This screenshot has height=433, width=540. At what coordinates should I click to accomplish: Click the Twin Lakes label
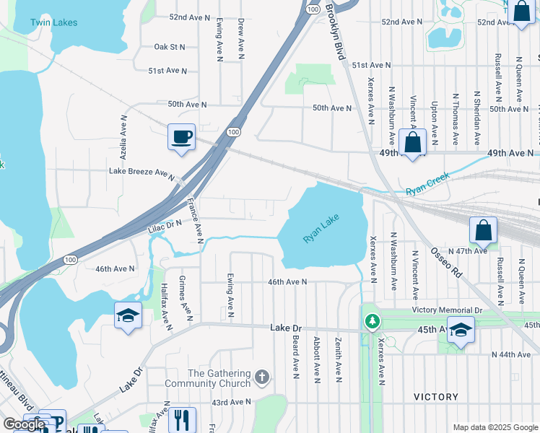53,22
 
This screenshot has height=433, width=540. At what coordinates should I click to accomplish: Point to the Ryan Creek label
427,183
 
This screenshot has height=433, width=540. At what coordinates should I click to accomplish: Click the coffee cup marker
181,136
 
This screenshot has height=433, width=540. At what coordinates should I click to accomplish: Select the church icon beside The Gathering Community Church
263,377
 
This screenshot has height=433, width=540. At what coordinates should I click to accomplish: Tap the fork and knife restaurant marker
181,419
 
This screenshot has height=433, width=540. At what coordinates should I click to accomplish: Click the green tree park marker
372,320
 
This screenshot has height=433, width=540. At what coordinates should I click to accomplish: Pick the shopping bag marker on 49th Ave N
413,143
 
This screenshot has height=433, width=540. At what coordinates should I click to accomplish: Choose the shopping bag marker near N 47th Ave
483,231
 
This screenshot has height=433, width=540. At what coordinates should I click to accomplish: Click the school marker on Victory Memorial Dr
461,330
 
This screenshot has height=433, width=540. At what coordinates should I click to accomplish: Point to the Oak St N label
170,47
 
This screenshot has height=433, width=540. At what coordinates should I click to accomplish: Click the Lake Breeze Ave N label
142,172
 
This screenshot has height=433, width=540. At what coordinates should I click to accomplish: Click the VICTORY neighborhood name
436,397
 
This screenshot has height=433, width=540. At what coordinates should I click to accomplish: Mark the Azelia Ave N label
123,137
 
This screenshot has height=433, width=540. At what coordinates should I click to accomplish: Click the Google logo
24,424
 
